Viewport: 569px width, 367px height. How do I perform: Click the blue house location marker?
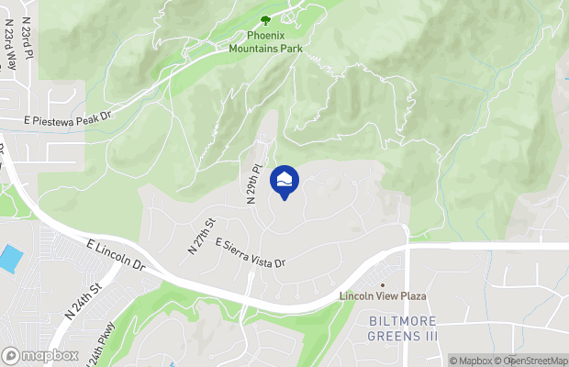click(284, 181)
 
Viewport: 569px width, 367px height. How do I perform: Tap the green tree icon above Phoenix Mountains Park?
click(266, 19)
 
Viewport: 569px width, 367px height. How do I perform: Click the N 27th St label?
click(200, 236)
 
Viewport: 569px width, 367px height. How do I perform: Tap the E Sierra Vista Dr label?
click(251, 254)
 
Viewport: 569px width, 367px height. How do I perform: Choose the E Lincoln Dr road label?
click(117, 255)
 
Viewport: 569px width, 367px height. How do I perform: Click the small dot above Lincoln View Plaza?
click(384, 284)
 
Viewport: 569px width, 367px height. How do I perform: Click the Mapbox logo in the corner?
click(39, 355)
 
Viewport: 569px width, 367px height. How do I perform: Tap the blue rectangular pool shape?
click(9, 258)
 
